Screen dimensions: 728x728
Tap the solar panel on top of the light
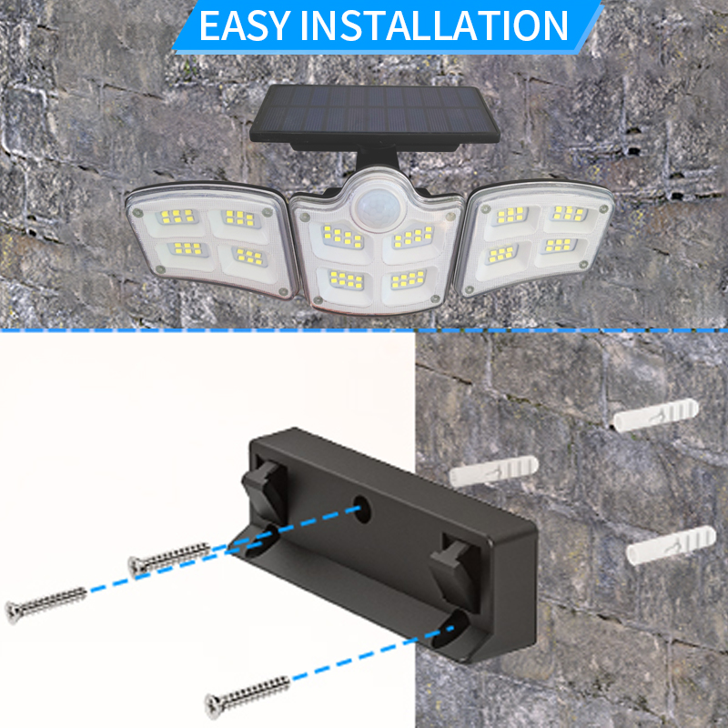pos(375,114)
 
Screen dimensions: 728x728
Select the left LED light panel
pos(212,238)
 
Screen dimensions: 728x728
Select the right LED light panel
pos(535,236)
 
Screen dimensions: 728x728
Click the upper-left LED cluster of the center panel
pos(343,238)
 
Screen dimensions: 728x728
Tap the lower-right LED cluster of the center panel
pos(408,279)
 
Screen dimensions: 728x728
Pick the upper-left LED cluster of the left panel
pos(177,217)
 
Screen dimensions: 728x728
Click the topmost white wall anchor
pos(655,414)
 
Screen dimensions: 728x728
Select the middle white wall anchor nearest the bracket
pos(493,470)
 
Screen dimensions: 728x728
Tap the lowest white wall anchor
pos(671,544)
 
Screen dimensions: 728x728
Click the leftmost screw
pos(45,604)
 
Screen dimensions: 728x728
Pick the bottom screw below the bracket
pos(248,696)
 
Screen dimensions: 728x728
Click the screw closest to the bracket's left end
pos(169,559)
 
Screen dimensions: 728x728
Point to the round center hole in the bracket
pos(361,510)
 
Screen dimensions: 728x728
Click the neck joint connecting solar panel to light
pos(377,159)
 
